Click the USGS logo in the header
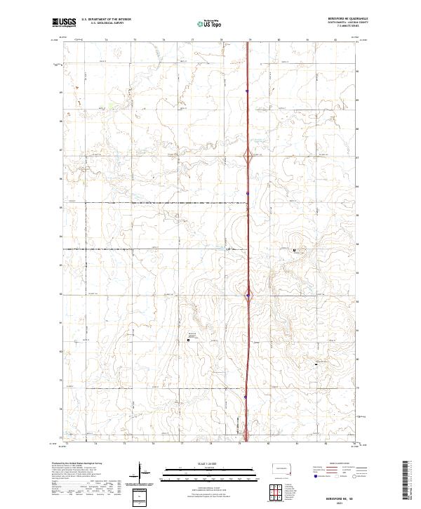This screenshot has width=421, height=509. pos(64,22)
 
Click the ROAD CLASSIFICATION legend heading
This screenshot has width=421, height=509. pos(340,463)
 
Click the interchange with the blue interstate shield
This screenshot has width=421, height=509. pos(248,295)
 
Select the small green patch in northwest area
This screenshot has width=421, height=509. pos(110,107)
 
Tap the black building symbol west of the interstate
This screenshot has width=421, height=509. pos(189,340)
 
